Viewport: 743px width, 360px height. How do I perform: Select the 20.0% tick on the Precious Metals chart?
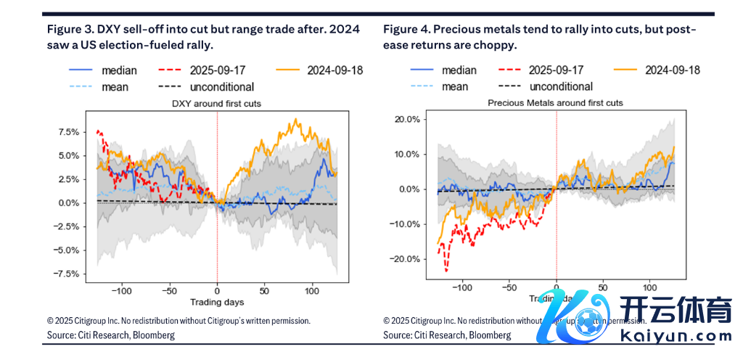click(x=409, y=119)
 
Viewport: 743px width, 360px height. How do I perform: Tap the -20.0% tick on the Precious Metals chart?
click(x=406, y=259)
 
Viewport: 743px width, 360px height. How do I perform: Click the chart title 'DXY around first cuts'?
click(x=217, y=104)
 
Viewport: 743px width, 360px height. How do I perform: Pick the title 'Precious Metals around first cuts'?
click(x=555, y=103)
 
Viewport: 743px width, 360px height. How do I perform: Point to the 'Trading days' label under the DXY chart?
click(x=217, y=301)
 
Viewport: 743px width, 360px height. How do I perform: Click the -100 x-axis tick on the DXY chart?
click(x=121, y=290)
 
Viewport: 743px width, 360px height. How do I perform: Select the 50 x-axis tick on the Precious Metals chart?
click(x=602, y=287)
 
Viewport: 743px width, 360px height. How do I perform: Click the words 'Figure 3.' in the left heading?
click(x=72, y=30)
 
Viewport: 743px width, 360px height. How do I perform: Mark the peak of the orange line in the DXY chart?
click(x=295, y=119)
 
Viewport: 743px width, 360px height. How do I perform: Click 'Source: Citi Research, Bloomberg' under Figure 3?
click(x=111, y=335)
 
